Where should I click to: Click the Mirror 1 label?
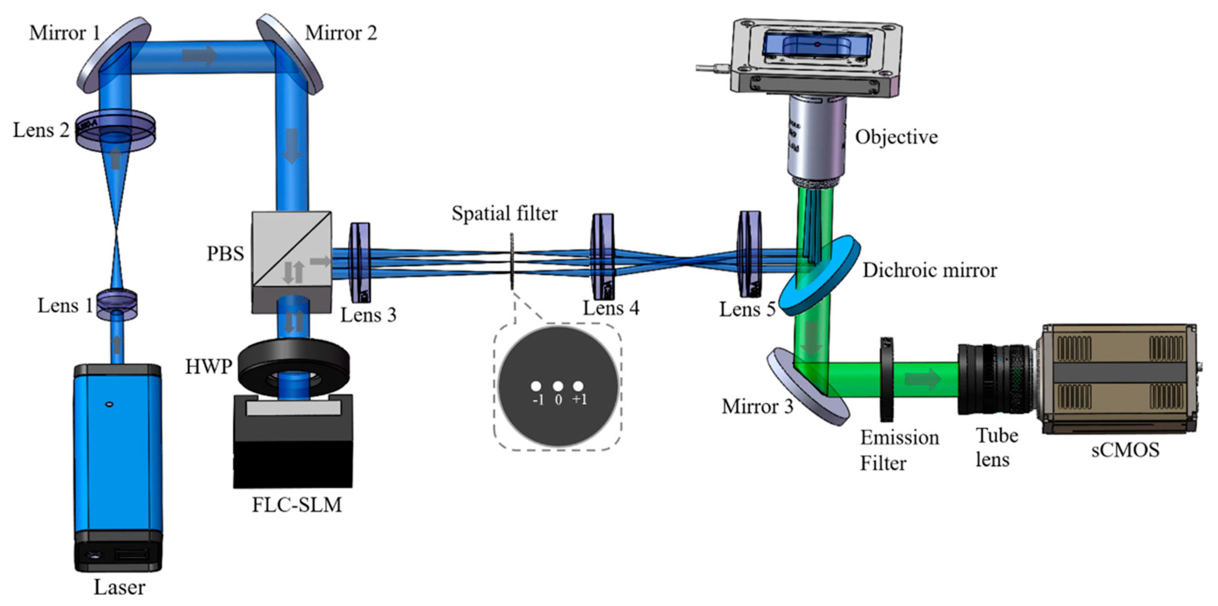(65, 33)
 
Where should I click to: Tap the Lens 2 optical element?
(115, 131)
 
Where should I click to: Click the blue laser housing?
(118, 449)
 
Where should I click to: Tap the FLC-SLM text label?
(297, 505)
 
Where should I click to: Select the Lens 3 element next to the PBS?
(360, 263)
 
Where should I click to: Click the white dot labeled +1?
(578, 386)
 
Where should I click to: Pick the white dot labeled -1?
(536, 386)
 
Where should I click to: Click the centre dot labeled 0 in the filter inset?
(558, 386)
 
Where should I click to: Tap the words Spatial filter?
(504, 213)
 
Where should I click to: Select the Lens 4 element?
(602, 257)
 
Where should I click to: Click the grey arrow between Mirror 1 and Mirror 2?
(200, 56)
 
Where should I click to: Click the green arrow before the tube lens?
(923, 379)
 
